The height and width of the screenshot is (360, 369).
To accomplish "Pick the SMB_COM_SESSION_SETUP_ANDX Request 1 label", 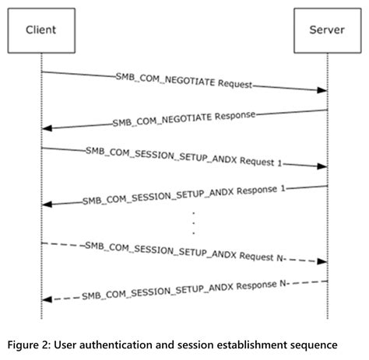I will pyautogui.click(x=184, y=158).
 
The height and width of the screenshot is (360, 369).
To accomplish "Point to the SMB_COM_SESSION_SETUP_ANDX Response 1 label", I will pyautogui.click(x=184, y=194).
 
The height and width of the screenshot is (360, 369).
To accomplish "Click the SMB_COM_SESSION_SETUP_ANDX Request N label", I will pyautogui.click(x=184, y=253).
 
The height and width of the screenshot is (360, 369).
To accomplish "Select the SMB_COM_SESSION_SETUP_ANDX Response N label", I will pyautogui.click(x=184, y=290).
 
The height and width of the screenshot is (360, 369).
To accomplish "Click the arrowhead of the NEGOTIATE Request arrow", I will pyautogui.click(x=320, y=90).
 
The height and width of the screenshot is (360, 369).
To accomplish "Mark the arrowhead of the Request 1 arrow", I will pyautogui.click(x=320, y=166).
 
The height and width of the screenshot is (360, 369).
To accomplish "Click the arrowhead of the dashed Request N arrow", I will pyautogui.click(x=320, y=261).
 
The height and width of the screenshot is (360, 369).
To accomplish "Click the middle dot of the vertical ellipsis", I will pyautogui.click(x=192, y=222).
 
